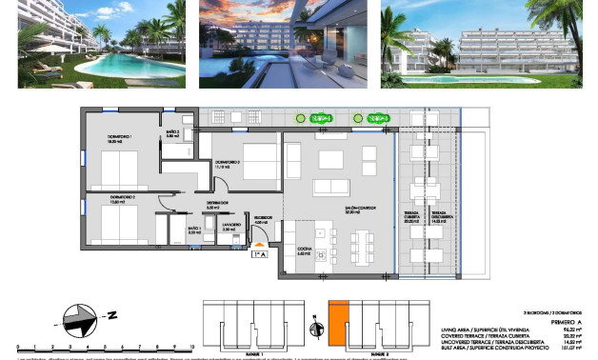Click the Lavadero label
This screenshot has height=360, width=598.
(x=228, y=229)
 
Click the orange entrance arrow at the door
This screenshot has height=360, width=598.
(x=258, y=245)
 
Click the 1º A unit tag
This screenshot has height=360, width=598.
(x=258, y=254)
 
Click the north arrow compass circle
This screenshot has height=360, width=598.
(x=79, y=315)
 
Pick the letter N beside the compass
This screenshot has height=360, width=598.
(x=111, y=314)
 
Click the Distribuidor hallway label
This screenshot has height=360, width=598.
(x=218, y=204)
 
